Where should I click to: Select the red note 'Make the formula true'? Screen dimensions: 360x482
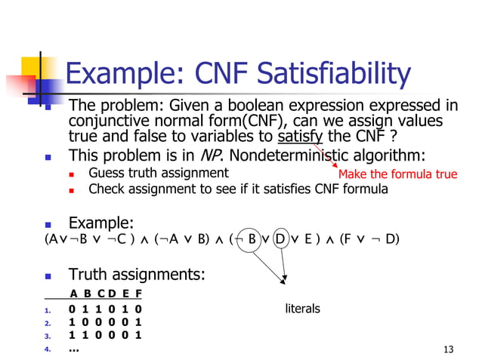coord(397,174)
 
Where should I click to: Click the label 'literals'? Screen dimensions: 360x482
coord(302,308)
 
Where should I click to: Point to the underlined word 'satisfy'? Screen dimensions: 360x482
coord(300,137)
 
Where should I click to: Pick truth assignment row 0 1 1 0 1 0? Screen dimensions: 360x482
coord(104,309)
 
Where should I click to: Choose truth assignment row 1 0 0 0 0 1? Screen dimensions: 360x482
coord(104,322)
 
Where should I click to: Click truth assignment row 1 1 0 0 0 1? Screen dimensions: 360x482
coord(104,335)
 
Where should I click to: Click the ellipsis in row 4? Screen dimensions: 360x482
coord(73,349)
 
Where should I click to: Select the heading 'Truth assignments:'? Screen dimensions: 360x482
coord(137,274)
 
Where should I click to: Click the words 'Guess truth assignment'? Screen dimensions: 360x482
coord(158,173)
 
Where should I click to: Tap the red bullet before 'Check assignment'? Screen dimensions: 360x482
coord(71,190)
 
